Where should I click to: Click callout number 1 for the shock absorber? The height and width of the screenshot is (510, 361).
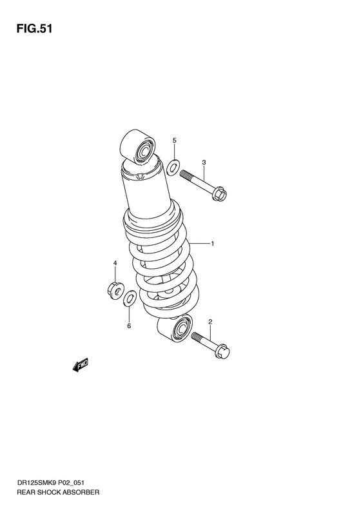coord(213,244)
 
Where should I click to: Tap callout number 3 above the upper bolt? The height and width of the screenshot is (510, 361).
coord(204,162)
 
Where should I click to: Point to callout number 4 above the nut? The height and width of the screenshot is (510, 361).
coord(115,264)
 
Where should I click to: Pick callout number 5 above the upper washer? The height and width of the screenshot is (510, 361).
coord(174,140)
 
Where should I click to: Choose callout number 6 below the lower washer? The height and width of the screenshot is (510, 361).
coord(128,326)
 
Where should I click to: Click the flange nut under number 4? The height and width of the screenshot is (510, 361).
coord(113,289)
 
